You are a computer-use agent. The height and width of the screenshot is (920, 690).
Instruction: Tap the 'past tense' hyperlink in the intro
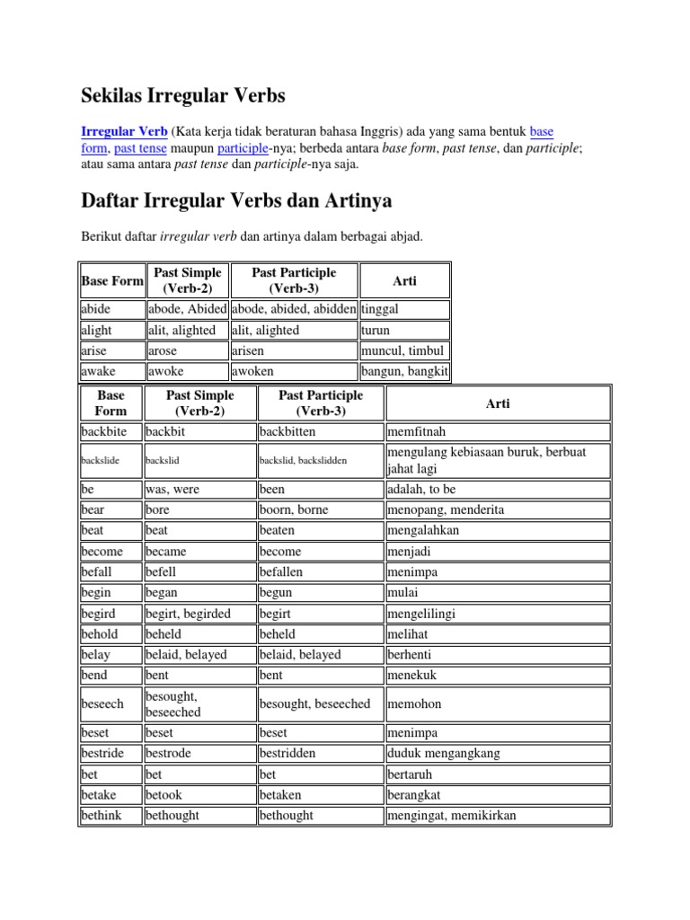(141, 147)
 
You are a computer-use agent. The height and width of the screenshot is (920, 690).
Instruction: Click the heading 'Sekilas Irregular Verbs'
(183, 94)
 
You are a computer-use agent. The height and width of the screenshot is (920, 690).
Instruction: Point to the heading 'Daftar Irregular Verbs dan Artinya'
(236, 199)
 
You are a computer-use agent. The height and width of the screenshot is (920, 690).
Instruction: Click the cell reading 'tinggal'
(379, 309)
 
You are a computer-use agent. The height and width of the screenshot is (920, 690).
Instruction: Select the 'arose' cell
(163, 350)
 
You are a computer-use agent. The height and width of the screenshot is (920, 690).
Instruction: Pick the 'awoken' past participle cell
(252, 371)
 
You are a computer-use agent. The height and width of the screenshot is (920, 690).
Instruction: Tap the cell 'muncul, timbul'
(402, 350)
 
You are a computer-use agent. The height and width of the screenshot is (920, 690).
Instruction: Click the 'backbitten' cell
(287, 431)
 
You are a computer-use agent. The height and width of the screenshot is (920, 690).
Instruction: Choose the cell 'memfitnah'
(416, 431)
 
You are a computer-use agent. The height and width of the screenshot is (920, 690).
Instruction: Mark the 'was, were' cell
(172, 490)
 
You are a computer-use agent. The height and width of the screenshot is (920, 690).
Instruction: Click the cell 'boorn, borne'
(294, 509)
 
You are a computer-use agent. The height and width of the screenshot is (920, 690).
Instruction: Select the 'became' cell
(167, 551)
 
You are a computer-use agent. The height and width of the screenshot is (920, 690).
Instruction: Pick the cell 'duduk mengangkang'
(443, 753)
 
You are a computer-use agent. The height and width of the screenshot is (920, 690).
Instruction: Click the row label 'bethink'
(101, 815)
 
